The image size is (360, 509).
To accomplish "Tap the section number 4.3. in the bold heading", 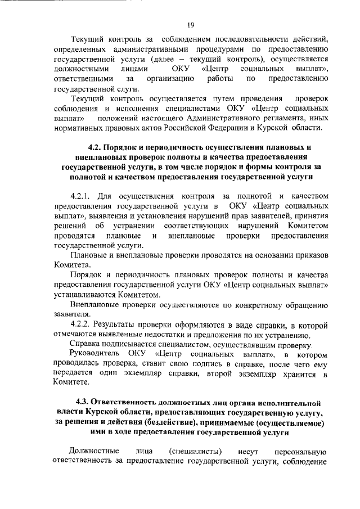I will coord(84,403).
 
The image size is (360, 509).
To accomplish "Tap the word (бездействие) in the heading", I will coord(170,423).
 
